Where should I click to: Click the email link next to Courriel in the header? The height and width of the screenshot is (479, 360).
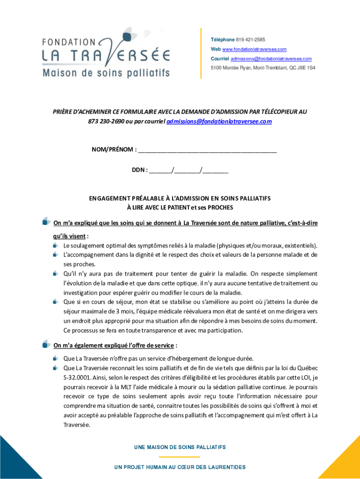(x=271, y=58)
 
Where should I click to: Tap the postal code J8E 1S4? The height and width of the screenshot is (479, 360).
(x=308, y=68)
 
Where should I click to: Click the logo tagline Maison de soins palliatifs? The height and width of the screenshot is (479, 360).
(x=106, y=73)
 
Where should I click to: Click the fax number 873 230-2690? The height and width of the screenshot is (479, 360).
(x=104, y=121)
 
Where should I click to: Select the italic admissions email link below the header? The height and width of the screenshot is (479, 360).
(x=219, y=121)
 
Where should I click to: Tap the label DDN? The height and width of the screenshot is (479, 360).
(x=139, y=170)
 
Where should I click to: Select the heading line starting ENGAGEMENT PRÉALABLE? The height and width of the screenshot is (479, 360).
(x=180, y=198)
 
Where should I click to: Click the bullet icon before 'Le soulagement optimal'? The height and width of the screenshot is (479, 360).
(x=56, y=245)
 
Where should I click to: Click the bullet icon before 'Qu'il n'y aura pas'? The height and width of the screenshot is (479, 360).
(x=56, y=274)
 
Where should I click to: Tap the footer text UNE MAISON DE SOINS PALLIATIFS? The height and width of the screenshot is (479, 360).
(x=180, y=447)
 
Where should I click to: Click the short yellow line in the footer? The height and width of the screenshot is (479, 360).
(x=180, y=457)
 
